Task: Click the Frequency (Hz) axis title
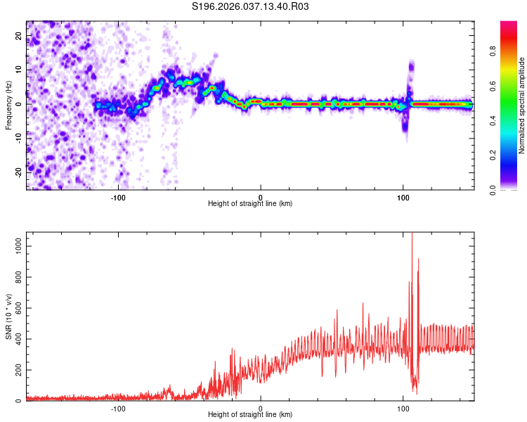pos(8,105)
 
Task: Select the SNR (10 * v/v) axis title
pos(8,316)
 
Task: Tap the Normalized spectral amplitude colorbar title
pos(522,105)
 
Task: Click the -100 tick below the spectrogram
pos(118,196)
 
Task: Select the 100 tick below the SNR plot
pos(403,407)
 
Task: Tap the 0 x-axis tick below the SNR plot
pos(261,407)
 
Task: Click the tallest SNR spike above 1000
pos(412,234)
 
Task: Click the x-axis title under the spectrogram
pos(250,204)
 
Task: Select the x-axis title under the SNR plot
pos(250,415)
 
